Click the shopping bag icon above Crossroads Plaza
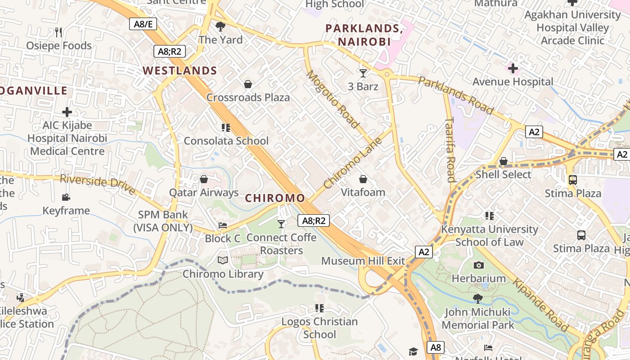[247, 84]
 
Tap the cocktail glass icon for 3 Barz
[363, 73]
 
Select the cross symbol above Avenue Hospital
[513, 68]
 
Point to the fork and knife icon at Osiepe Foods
[58, 32]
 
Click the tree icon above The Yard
[220, 27]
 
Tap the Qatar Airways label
[204, 193]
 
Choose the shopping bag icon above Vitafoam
[363, 179]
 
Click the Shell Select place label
[503, 174]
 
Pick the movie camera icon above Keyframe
[66, 197]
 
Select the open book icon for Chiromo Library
[223, 260]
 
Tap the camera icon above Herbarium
[479, 265]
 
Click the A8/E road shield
[143, 24]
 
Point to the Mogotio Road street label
[333, 99]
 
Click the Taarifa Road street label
[450, 150]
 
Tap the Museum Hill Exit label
[363, 261]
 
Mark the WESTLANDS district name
[180, 71]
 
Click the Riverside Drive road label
[98, 184]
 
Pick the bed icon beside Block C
[222, 225]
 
